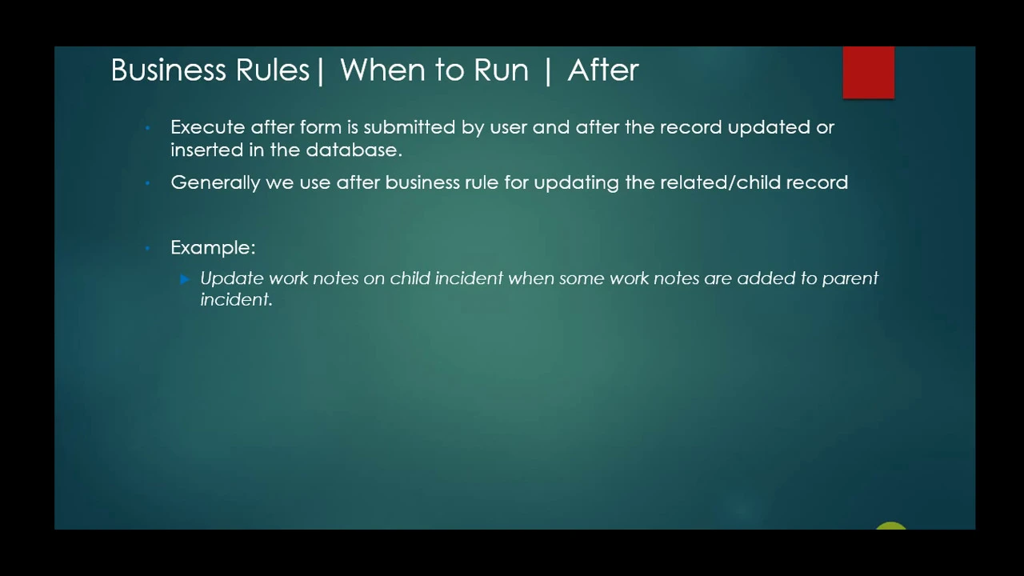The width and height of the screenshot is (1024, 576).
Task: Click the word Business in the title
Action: tap(169, 70)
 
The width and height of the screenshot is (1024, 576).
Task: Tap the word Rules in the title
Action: tap(272, 70)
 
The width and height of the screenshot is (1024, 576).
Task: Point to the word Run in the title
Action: tap(501, 70)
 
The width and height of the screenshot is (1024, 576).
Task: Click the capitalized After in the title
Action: tap(602, 70)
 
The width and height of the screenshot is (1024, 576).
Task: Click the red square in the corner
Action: tap(868, 73)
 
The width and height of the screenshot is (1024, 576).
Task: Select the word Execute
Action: tap(207, 127)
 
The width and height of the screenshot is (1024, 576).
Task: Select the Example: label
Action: tap(213, 248)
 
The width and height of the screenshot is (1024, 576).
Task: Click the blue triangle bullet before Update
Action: tap(185, 278)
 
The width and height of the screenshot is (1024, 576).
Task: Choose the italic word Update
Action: tap(231, 278)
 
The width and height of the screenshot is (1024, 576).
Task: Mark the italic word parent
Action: tap(850, 278)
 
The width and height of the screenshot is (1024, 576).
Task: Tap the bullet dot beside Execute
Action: tap(148, 128)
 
